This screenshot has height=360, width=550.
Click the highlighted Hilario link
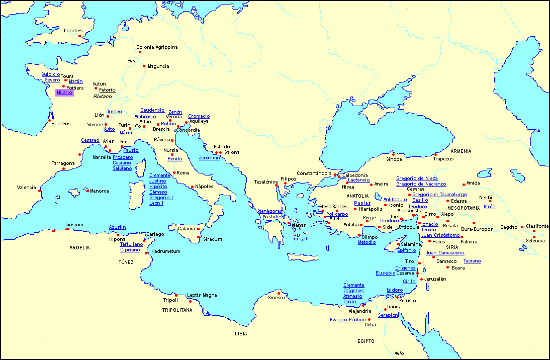pos(64,93)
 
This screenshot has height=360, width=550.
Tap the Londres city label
pos(73,31)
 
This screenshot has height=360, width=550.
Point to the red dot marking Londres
pos(79,36)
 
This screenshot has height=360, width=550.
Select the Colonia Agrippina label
pos(157,47)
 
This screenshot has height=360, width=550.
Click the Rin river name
pos(132,60)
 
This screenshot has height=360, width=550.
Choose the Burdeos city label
pos(61,123)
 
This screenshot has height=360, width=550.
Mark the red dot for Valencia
pos(40,190)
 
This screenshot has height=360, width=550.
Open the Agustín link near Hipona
pos(117,227)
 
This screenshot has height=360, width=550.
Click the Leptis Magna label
pos(202,295)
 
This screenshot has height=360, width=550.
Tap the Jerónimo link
pos(209,158)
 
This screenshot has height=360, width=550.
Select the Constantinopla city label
pos(314,173)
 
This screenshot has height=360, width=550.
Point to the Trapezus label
pos(443,159)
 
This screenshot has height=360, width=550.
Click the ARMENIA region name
pos(461,151)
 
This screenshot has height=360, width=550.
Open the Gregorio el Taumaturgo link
pos(439,195)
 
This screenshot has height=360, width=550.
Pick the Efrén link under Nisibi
pos(489,207)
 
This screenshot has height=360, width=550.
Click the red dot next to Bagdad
pos(522,227)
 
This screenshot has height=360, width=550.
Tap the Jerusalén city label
pos(435,279)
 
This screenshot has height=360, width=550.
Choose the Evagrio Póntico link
pos(347,320)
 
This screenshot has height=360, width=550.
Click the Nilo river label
pos(399,353)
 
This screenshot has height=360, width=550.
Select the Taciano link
pos(472,261)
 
